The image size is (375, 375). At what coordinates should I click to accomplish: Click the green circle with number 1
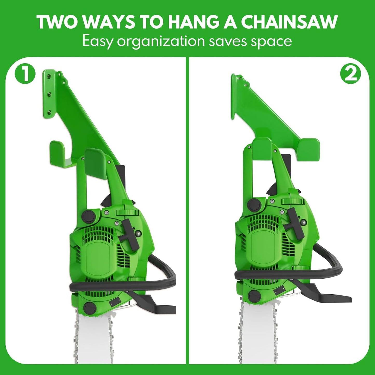click(25, 74)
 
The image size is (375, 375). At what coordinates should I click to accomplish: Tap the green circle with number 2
click(351, 74)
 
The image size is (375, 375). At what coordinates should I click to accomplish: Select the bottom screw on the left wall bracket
click(49, 112)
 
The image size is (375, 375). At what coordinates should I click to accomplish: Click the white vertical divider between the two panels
click(188, 208)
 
